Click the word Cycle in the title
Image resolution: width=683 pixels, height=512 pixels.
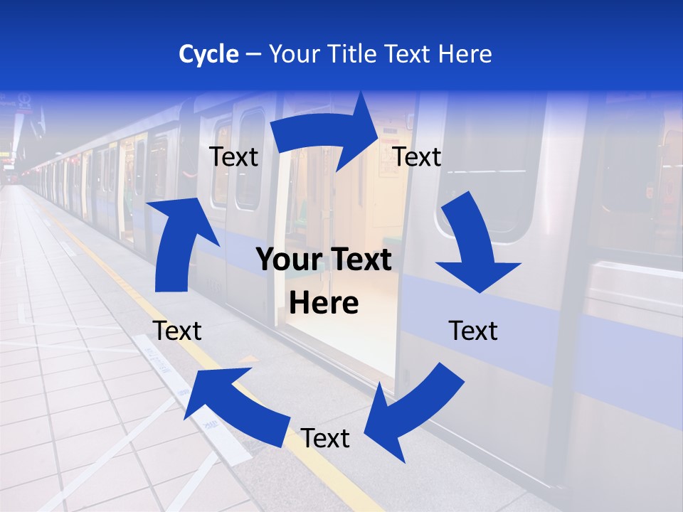[208, 54]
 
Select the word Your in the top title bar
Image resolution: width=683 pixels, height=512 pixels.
[294, 54]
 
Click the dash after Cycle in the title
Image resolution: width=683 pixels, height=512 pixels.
[253, 55]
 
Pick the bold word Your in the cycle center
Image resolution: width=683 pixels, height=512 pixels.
[285, 260]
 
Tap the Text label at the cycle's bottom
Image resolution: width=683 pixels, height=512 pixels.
[325, 439]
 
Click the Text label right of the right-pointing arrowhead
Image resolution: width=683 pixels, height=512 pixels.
[417, 157]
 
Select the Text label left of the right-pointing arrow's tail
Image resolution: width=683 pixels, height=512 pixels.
[233, 157]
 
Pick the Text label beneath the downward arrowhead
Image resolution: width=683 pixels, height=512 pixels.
[473, 331]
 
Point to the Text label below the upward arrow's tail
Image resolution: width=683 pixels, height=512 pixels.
[177, 331]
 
